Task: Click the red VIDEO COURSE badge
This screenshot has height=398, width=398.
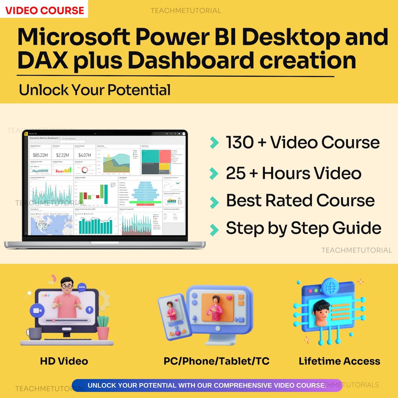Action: (44, 10)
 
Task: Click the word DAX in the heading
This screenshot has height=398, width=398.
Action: (43, 60)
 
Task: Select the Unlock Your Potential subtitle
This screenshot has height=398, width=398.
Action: (95, 90)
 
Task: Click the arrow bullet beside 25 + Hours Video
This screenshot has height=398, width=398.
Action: (214, 173)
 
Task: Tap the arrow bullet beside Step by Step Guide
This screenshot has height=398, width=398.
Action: (214, 230)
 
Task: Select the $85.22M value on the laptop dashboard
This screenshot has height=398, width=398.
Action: (40, 155)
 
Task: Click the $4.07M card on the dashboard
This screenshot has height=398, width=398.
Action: (85, 155)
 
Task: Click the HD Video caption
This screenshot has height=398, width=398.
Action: (64, 361)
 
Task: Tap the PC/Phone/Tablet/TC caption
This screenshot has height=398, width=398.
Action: (217, 361)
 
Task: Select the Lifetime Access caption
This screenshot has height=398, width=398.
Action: (339, 361)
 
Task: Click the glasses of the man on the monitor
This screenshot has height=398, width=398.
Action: (67, 286)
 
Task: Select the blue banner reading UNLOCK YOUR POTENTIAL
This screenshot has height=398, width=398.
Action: (207, 385)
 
